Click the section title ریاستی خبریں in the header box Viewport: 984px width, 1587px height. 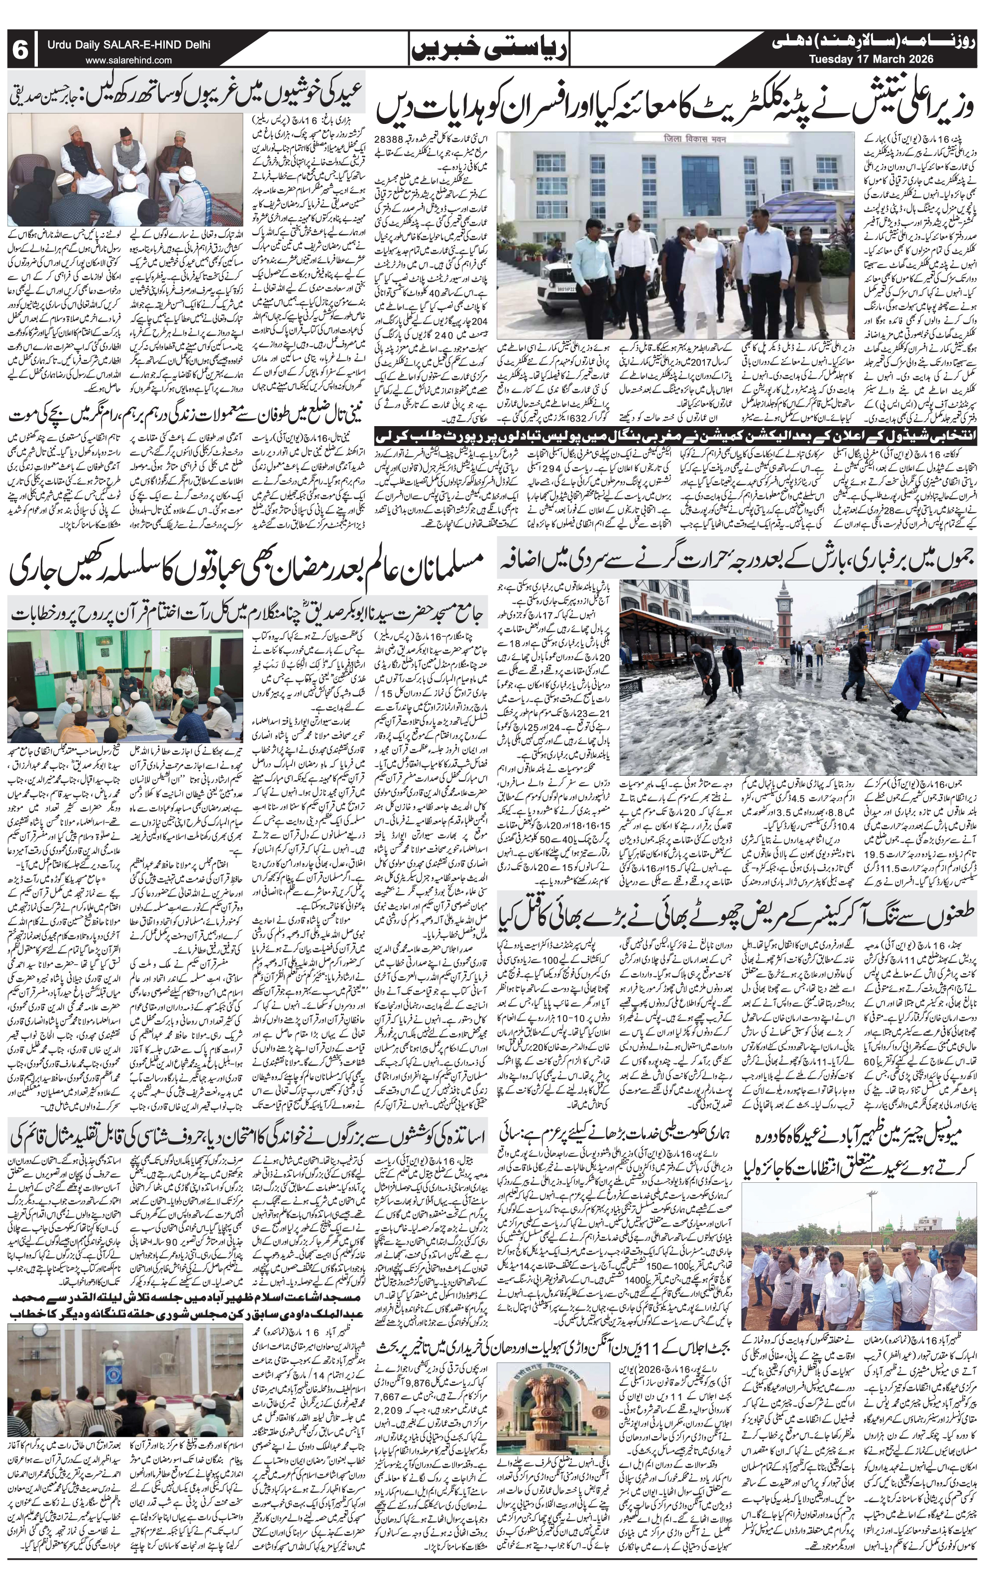click(491, 49)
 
